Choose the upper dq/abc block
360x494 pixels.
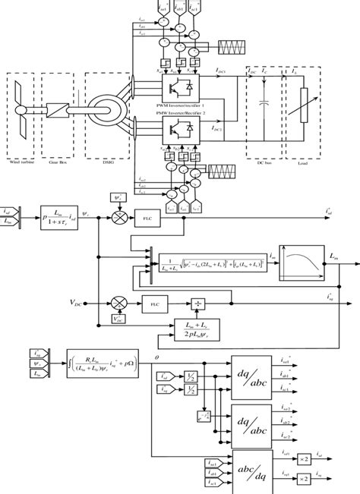click(251, 371)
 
